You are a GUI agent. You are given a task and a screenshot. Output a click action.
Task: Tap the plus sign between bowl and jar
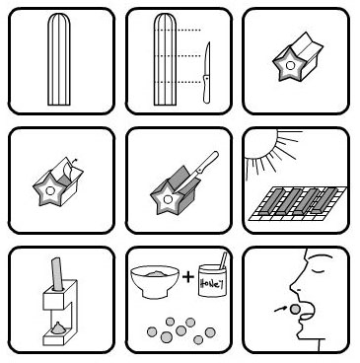click(x=188, y=277)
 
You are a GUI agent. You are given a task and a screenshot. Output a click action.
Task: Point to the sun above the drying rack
click(x=259, y=144)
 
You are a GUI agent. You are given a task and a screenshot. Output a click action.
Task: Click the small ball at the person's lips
click(x=296, y=309)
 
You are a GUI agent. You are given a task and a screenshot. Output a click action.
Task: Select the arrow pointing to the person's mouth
click(x=279, y=309)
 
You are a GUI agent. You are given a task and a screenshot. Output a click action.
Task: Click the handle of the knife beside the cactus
click(x=206, y=89)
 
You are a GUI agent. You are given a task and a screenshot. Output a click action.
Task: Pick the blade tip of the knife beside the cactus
click(x=208, y=42)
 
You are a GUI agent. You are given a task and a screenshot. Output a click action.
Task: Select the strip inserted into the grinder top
click(x=57, y=274)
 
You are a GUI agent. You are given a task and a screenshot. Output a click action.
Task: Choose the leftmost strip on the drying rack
click(x=268, y=200)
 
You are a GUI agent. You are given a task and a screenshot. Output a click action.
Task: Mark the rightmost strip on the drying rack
click(x=324, y=200)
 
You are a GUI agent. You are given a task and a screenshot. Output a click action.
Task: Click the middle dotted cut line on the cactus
click(x=177, y=56)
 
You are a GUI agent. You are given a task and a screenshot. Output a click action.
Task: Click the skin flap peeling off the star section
click(x=67, y=171)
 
